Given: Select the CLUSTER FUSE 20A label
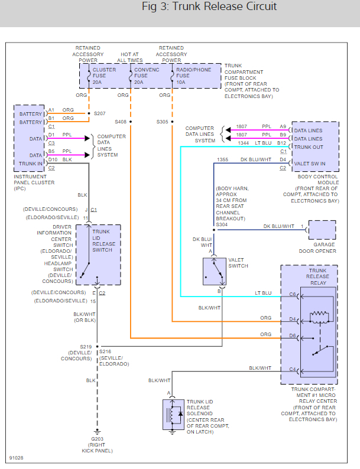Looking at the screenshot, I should tap(104, 76).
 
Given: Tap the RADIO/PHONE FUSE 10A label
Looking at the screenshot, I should tap(193, 76).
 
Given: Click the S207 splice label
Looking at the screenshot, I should tap(100, 112).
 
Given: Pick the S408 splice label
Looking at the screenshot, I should tap(121, 122).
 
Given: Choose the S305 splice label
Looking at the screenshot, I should tap(162, 122).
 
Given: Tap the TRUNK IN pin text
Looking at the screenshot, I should tap(31, 163).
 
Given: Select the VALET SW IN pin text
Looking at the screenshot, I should tap(310, 163).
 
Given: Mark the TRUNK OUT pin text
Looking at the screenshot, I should tap(309, 146).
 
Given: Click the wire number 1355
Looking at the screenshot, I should tap(222, 159).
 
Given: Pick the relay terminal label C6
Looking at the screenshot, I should tap(293, 294).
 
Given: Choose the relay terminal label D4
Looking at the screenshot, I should tap(293, 320).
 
